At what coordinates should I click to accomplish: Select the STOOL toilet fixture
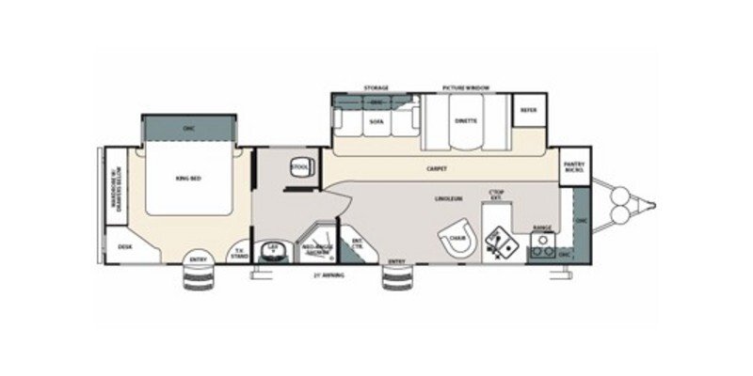[300, 168]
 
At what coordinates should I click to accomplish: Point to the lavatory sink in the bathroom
[273, 248]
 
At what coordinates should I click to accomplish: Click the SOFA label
[376, 122]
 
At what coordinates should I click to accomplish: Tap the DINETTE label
[466, 122]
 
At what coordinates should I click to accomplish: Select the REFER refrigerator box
[527, 110]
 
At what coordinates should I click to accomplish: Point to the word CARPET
[436, 168]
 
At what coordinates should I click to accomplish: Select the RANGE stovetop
[541, 246]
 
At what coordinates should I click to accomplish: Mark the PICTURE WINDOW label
[466, 88]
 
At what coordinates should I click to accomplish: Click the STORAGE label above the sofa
[376, 88]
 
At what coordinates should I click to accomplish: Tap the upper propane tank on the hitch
[622, 194]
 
